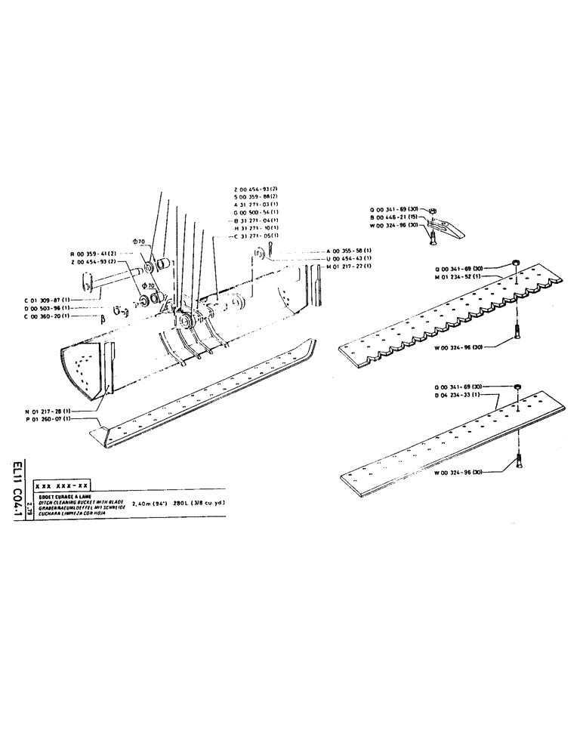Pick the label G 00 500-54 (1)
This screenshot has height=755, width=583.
tap(258, 214)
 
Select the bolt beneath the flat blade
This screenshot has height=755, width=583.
tap(520, 457)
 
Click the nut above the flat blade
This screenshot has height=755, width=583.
tap(517, 387)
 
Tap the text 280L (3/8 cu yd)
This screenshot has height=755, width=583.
tap(199, 502)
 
